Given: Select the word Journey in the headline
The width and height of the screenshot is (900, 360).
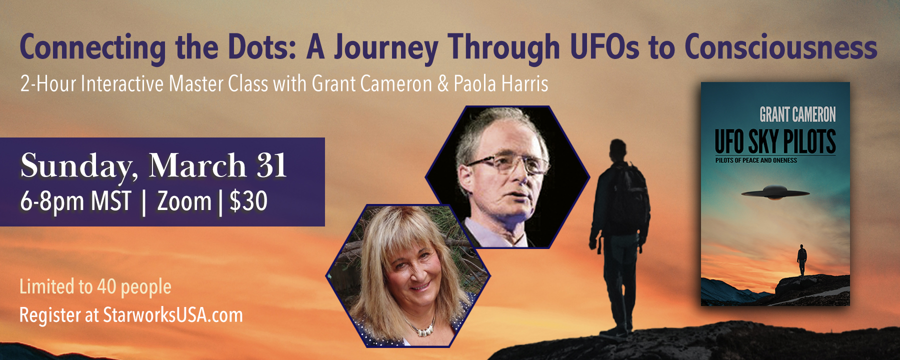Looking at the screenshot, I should [x=386, y=47].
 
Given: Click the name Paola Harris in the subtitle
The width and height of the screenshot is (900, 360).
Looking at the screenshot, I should [x=500, y=84].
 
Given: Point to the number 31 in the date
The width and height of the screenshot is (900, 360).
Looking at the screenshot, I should [x=271, y=165].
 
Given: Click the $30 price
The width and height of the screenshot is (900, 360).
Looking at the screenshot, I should [x=248, y=201].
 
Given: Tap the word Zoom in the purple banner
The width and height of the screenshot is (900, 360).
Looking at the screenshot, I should [x=184, y=201].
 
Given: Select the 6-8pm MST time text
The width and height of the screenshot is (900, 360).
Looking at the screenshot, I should [x=75, y=201].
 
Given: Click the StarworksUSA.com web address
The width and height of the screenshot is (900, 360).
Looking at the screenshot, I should [x=172, y=315].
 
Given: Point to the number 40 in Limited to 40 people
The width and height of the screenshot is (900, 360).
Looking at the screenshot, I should [x=106, y=286].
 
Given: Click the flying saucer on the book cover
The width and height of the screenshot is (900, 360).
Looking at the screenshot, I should [x=775, y=193].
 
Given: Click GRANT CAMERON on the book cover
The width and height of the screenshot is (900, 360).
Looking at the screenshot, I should [x=797, y=114].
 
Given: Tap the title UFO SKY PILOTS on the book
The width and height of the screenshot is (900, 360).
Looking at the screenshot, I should [x=775, y=141].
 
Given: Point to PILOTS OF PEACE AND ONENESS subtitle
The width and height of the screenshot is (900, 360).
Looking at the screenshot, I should [x=756, y=160].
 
